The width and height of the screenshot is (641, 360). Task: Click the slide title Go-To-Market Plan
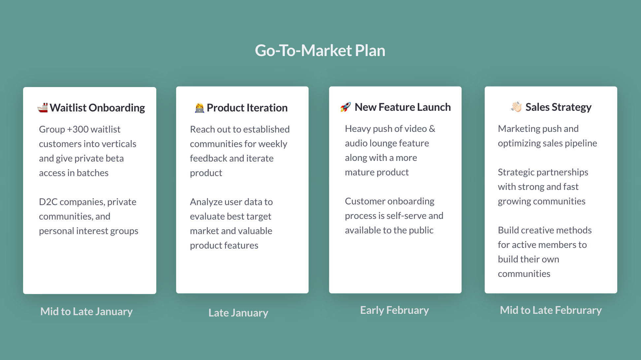coord(320,50)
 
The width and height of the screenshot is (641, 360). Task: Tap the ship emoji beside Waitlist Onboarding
coord(43,108)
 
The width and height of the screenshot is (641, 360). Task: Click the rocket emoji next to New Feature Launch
coord(345,107)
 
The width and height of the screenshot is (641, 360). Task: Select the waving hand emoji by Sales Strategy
coord(516,107)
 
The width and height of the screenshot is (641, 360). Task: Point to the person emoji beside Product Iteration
coord(199,108)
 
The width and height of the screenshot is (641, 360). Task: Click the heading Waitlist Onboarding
coord(97,108)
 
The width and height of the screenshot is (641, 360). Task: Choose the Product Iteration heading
coord(247,108)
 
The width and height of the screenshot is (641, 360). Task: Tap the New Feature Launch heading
coord(402,107)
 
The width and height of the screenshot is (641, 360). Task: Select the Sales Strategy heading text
coord(559,107)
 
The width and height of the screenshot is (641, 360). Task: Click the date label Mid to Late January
coord(86,311)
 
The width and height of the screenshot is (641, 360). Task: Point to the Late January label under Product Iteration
coord(238,312)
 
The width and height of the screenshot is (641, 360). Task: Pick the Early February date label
coord(395,310)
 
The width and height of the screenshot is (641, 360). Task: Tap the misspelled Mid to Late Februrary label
coord(551,310)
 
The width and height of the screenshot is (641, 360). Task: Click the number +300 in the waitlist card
coord(78,129)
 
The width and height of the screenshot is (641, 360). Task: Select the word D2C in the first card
coord(48,202)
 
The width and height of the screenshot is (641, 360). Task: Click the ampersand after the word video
coord(432,129)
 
